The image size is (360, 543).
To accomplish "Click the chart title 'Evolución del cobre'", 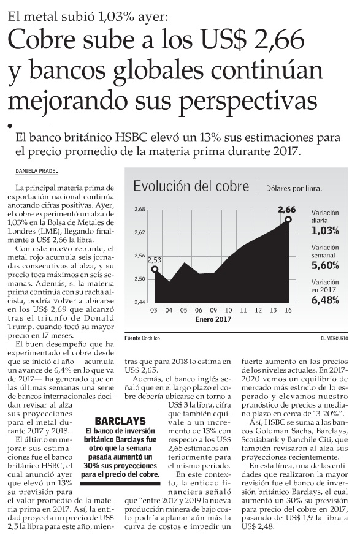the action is [191, 186].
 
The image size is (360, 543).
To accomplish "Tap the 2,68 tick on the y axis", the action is [139, 209].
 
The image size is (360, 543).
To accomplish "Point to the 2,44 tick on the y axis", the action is [139, 302].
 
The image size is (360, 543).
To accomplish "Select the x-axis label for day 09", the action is [213, 310].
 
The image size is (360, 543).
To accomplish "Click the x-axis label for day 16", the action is [288, 310].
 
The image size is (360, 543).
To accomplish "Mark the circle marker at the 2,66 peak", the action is [288, 219].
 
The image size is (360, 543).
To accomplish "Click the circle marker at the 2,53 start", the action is [155, 268].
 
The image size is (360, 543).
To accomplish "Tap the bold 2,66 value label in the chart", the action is [287, 210].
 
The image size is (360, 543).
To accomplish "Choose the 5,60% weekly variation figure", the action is [325, 265].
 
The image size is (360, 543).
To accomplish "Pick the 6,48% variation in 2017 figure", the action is [325, 300].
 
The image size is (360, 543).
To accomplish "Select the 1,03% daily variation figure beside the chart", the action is [325, 230].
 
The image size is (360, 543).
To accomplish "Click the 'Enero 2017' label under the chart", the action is [213, 319].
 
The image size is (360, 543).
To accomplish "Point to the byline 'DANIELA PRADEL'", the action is [37, 171].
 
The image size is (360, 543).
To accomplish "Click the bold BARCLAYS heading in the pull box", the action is [120, 421].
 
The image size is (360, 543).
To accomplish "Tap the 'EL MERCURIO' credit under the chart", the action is [334, 338].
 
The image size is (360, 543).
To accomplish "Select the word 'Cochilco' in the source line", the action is [151, 338].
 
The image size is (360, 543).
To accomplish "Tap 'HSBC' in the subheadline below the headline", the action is [132, 138].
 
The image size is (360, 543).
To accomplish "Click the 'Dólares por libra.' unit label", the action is [294, 189].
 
